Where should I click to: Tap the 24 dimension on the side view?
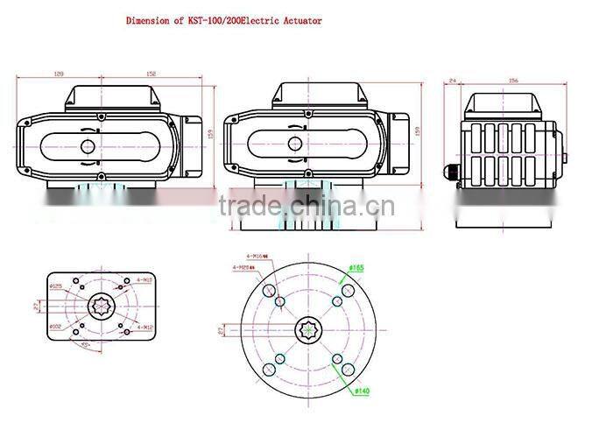coord(452,81)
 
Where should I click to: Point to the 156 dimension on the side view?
coord(514,81)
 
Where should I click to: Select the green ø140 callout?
coord(362,391)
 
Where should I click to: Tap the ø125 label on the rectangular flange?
coord(56,285)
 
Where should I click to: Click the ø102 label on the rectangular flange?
coord(56,327)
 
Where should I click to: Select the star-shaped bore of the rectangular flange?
coord(99,306)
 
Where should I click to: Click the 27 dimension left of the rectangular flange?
coord(36,306)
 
